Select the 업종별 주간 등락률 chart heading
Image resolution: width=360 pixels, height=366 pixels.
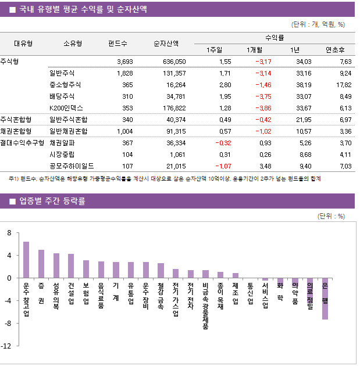point(52,201)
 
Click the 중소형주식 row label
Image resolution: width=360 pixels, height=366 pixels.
point(65,84)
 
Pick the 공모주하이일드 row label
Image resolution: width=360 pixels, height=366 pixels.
point(70,166)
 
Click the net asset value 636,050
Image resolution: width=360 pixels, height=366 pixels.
point(173,61)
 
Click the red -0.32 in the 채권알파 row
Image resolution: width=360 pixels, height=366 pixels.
point(223,142)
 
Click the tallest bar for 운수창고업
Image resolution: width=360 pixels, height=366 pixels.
point(26,260)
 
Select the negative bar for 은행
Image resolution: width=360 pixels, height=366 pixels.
point(325,299)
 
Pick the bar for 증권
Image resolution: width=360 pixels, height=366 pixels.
point(41,264)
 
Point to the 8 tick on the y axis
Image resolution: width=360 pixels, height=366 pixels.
point(9,233)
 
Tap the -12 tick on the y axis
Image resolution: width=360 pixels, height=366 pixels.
point(6,346)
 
